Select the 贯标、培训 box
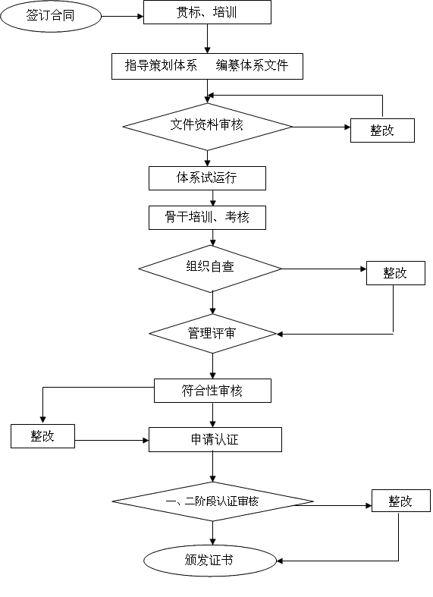[x=207, y=12]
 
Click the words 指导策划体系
[x=161, y=65]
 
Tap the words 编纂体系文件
[x=252, y=65]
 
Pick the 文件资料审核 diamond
[x=207, y=127]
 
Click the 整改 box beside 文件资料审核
[x=382, y=130]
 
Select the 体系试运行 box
[x=207, y=178]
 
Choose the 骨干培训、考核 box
[x=207, y=218]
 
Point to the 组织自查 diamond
[x=210, y=269]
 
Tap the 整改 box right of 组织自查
[x=396, y=273]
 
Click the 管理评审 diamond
[x=212, y=334]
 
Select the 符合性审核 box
[x=212, y=391]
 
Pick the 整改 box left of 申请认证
[x=42, y=436]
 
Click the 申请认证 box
[x=215, y=439]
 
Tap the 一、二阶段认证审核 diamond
[x=212, y=501]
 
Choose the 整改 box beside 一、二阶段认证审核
[x=401, y=501]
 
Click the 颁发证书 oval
[x=209, y=561]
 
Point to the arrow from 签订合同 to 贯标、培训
[x=123, y=17]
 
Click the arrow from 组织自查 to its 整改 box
[x=324, y=269]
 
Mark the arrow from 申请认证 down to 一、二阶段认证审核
[x=212, y=467]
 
